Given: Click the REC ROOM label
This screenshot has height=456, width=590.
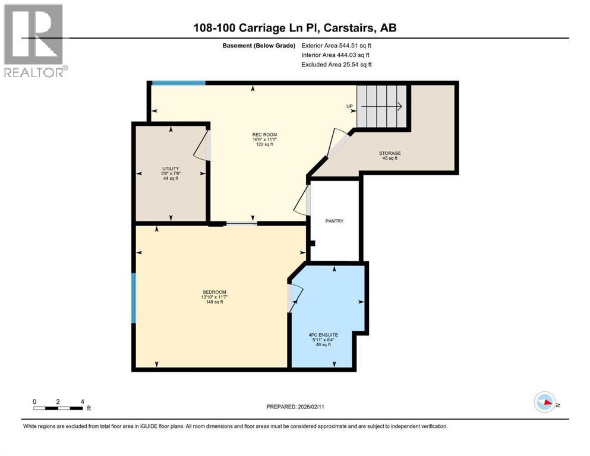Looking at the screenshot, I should point(264,134).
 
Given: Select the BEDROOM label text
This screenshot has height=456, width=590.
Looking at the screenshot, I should point(214,292).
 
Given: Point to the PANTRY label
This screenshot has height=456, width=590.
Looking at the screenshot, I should point(335,221).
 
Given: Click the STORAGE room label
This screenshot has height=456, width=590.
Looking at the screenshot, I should point(390,153).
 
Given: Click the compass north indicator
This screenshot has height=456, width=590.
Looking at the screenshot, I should point(544,403).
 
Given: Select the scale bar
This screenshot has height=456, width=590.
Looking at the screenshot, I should point(58,407).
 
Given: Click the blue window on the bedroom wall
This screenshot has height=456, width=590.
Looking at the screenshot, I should point(134,298).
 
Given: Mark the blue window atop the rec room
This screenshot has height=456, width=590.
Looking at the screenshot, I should point(178,83).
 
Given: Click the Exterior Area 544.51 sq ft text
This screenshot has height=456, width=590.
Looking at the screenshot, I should point(337,45).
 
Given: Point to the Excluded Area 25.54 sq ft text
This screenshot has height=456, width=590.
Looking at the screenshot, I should point(337,64).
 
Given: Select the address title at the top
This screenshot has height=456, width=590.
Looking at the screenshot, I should point(295,27).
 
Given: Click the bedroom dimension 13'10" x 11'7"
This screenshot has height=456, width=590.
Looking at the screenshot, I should point(214,297).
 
